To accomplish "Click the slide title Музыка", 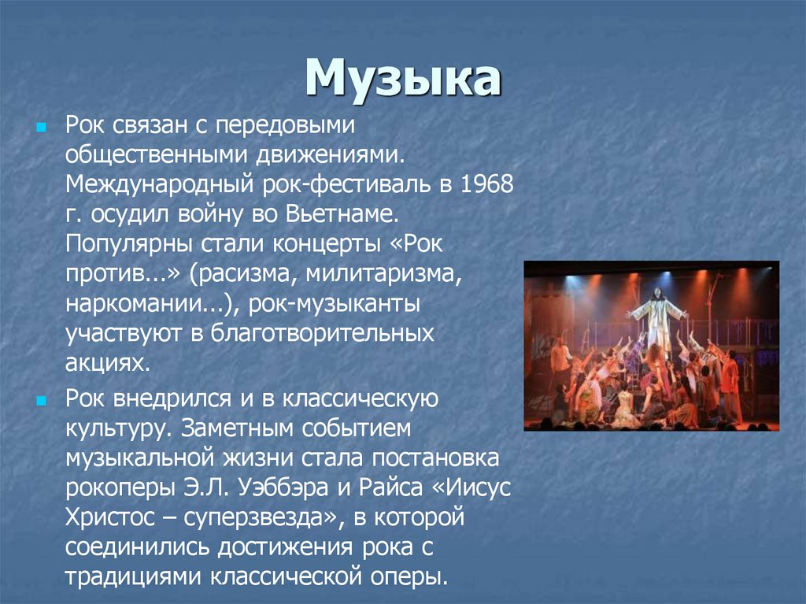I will tap(403, 79).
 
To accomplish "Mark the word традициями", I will tap(133, 576).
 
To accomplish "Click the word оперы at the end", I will tap(405, 576).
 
